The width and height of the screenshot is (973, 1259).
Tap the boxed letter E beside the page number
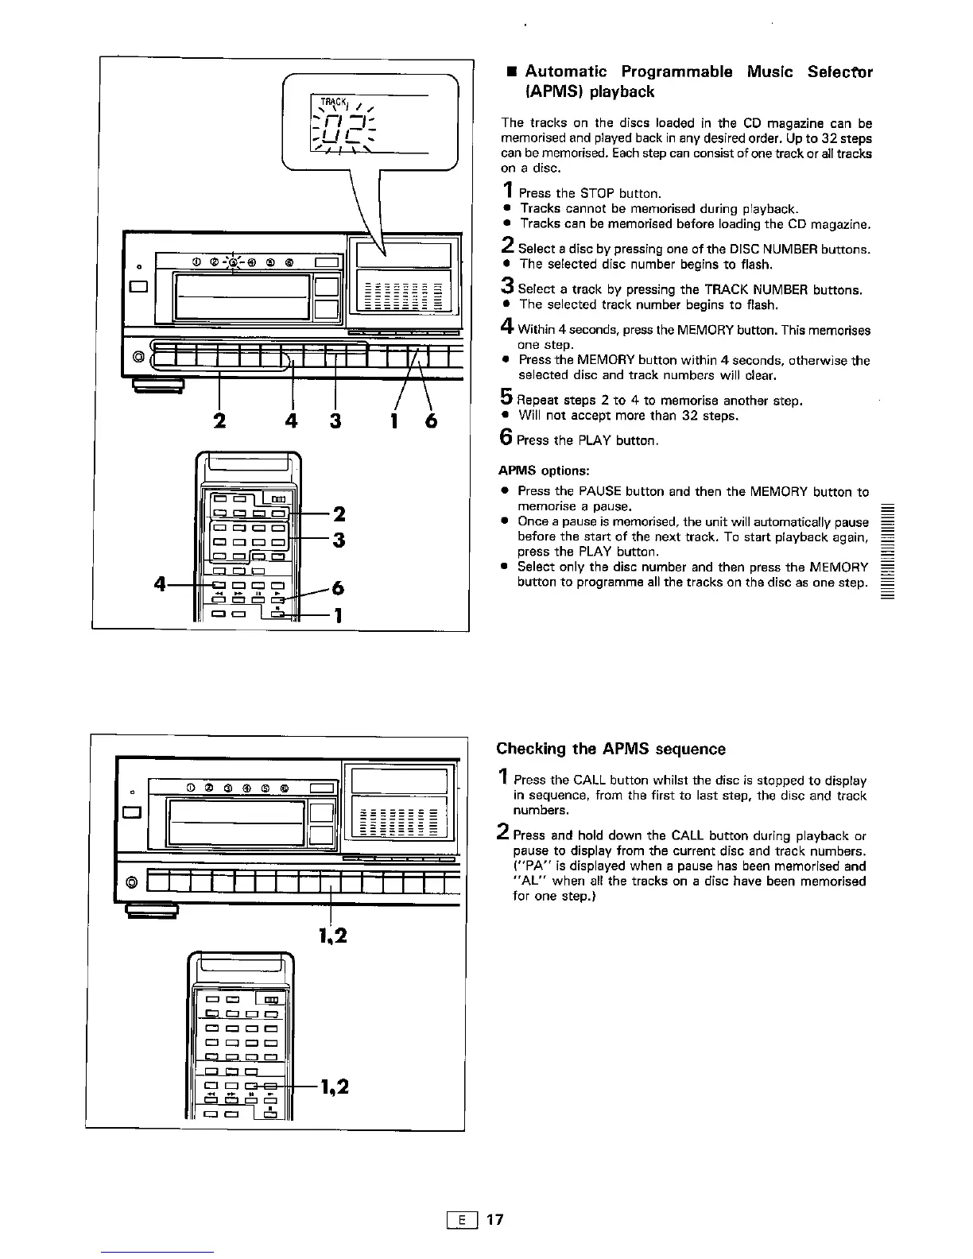pyautogui.click(x=462, y=1219)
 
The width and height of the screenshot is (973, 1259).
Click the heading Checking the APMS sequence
pyautogui.click(x=611, y=749)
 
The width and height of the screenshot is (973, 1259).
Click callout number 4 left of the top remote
pyautogui.click(x=161, y=585)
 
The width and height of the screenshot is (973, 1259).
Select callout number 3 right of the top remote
pyautogui.click(x=338, y=540)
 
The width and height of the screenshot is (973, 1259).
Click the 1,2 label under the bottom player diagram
pyautogui.click(x=331, y=936)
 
